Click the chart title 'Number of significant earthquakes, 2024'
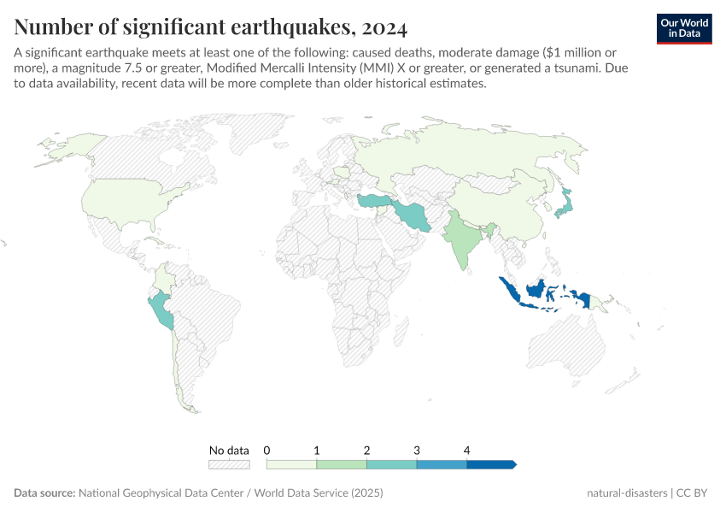point(210,27)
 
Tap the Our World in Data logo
point(683,28)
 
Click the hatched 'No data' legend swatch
point(229,464)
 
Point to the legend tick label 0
point(267,450)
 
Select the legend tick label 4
point(466,450)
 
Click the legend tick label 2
point(366,450)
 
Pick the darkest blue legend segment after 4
point(490,464)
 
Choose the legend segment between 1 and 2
point(342,464)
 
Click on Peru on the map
point(161,311)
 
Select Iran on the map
point(413,215)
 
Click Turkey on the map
point(374,201)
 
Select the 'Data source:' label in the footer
point(44,493)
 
